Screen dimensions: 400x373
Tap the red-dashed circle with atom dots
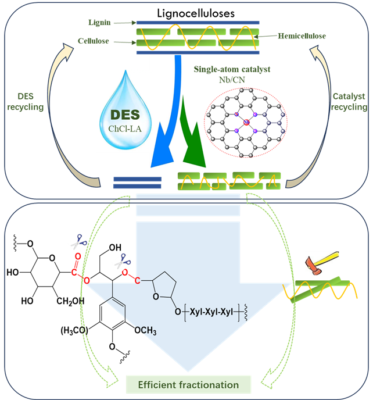pos(247,123)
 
